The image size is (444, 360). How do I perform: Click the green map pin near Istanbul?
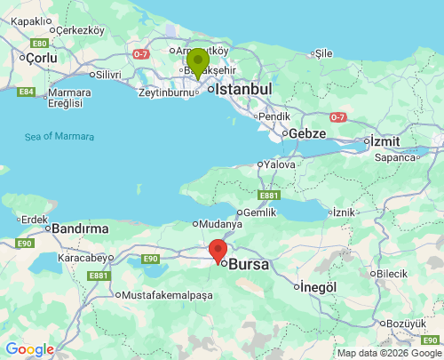coord(197,63)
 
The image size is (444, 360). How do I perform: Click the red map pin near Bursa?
coord(218,251)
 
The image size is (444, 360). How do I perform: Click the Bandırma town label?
coord(80,228)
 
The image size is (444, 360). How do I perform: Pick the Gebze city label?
coord(306,133)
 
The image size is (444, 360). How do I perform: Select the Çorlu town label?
coord(41,58)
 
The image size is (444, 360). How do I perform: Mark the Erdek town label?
coord(34,219)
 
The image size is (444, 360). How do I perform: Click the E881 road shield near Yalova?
coord(269,195)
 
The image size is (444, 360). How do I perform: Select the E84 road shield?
coord(27,92)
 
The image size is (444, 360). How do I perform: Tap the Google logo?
coord(29,349)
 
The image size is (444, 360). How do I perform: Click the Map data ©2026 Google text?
coord(388,353)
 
